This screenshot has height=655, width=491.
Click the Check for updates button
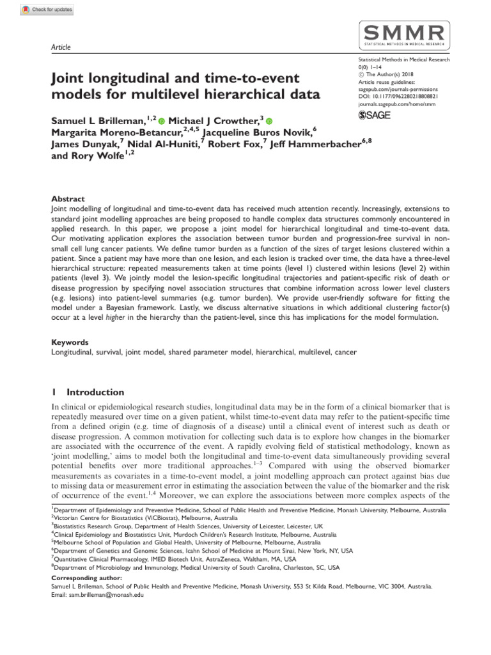tap(47, 10)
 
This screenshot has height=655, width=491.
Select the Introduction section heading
tap(95, 392)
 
